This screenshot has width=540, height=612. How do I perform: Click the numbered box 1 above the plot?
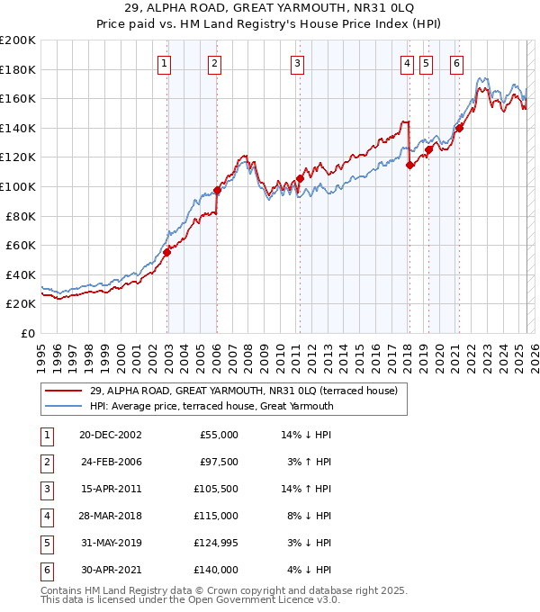coord(166,63)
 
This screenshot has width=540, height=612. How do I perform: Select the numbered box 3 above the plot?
coord(297,63)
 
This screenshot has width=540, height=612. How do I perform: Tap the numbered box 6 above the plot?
coord(457,63)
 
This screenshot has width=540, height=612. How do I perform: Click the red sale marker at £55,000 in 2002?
coord(167,252)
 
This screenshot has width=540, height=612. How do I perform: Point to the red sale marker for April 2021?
coord(459,128)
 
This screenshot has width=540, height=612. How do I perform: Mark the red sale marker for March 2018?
coord(409,165)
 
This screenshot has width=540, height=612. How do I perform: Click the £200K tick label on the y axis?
coord(18,40)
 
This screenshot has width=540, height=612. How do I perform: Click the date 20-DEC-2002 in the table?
coord(110,434)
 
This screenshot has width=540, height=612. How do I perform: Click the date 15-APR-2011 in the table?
coord(110,489)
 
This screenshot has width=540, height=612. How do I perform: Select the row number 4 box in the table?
coord(47,516)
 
